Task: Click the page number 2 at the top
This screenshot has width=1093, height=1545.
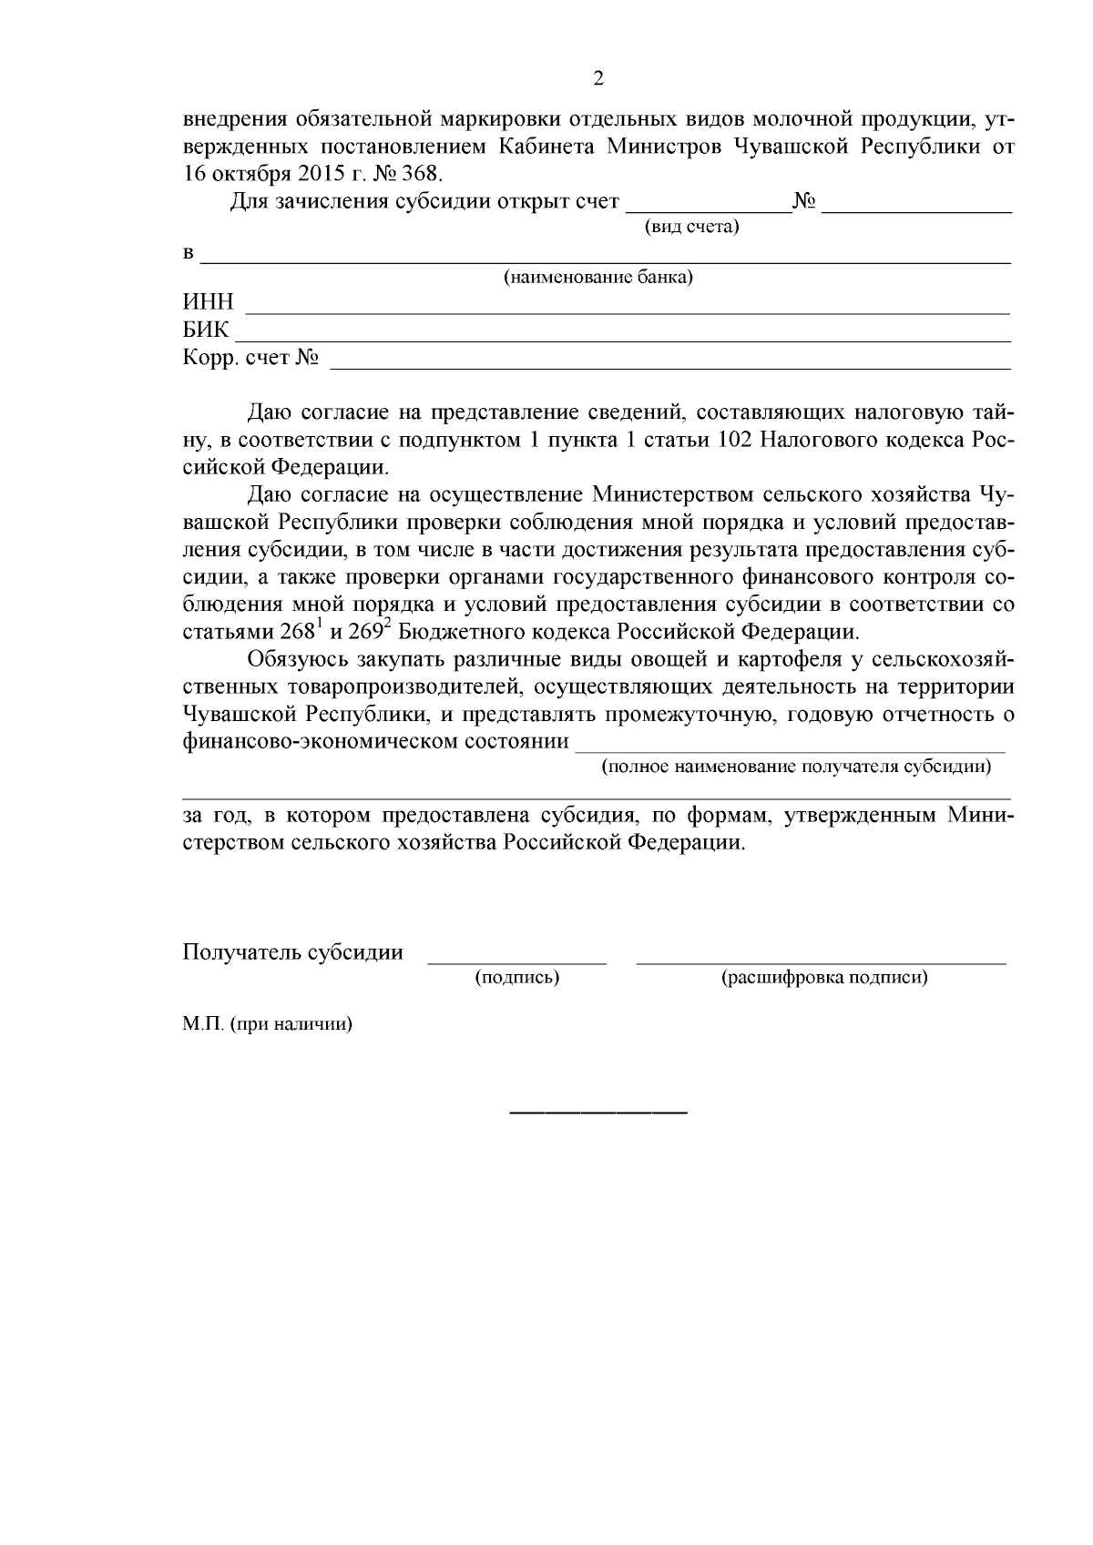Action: [598, 78]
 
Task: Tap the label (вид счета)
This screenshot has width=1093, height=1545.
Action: [691, 227]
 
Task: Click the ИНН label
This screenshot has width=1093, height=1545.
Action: [209, 302]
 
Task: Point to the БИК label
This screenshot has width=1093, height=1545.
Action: [207, 330]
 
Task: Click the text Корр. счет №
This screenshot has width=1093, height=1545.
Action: [251, 358]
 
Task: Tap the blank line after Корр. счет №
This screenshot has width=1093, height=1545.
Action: [669, 367]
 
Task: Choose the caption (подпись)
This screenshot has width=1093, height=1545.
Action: [516, 978]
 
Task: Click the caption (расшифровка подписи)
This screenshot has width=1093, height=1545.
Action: [823, 978]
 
